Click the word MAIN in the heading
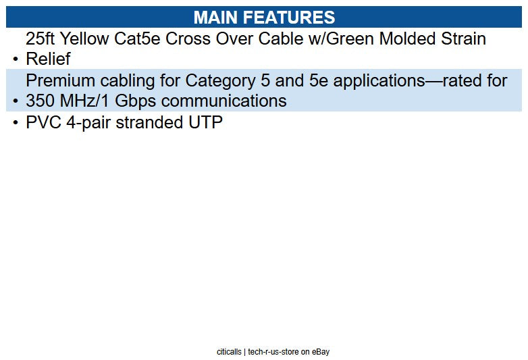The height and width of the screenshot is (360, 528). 216,17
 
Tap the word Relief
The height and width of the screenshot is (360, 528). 48,59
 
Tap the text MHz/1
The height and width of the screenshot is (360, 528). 88,101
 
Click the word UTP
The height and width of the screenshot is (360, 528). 206,123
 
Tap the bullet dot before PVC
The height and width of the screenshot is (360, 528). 15,124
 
